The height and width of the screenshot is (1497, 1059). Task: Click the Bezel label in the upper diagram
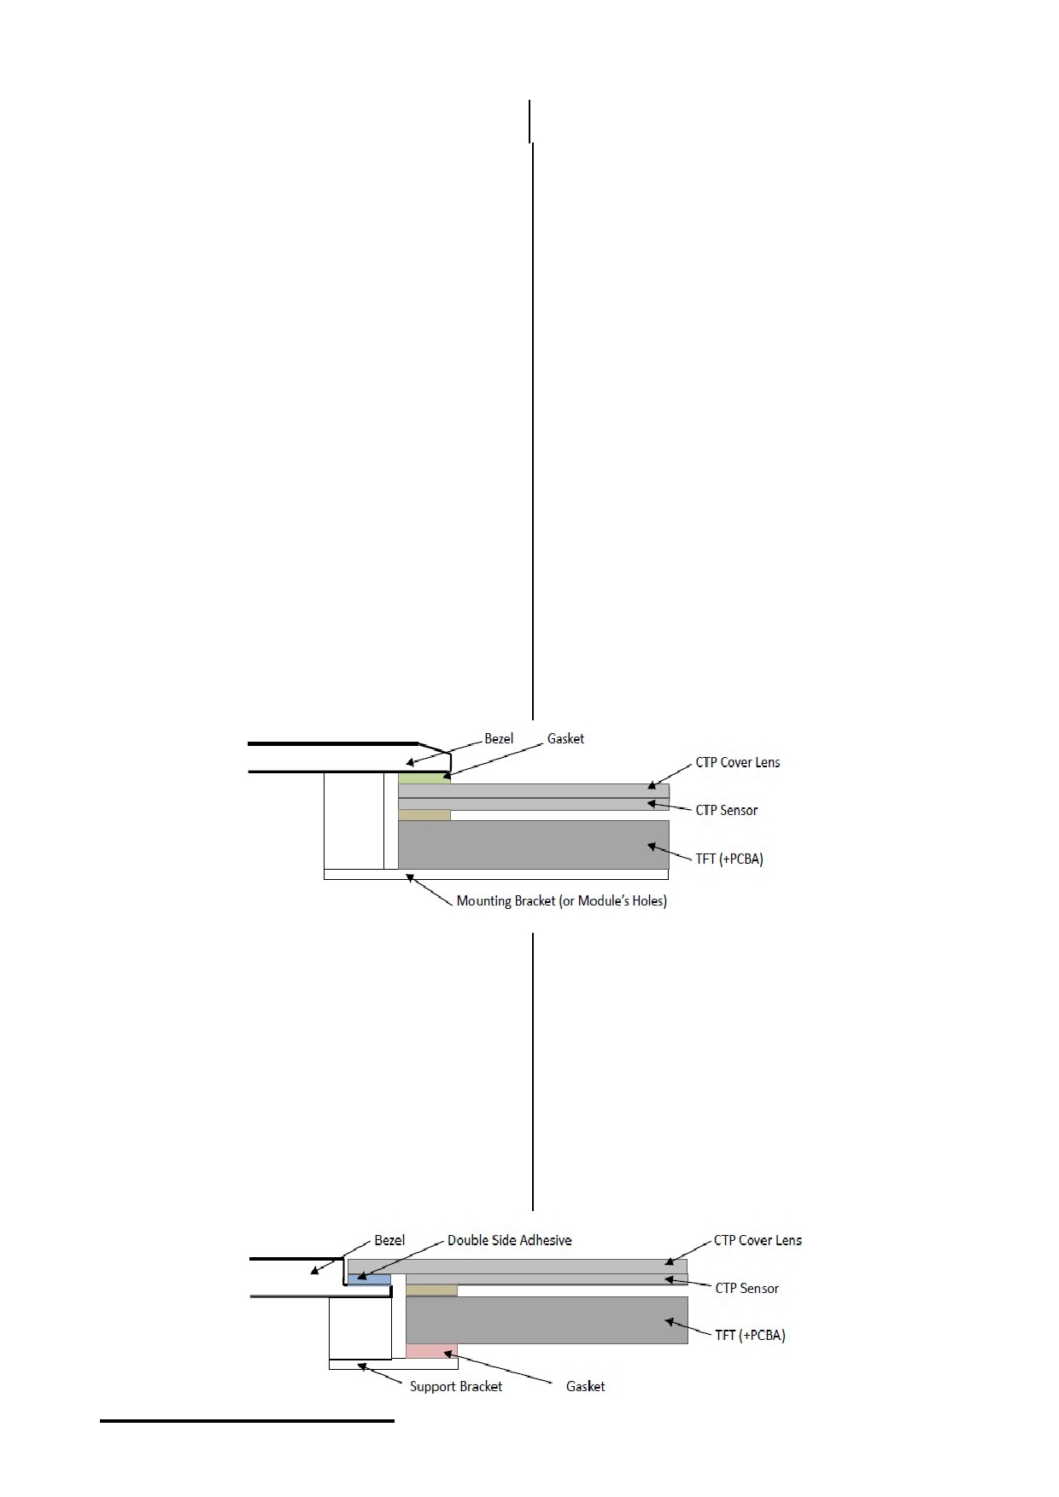tap(499, 738)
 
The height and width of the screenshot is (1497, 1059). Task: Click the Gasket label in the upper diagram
tap(565, 738)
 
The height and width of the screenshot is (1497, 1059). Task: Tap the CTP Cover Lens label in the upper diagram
tap(738, 762)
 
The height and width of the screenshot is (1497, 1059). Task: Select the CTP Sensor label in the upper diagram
tap(727, 810)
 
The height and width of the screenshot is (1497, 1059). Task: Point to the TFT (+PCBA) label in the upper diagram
tap(729, 858)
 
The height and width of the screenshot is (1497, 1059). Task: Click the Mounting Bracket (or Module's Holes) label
tap(562, 900)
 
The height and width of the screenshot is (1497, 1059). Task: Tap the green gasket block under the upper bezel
tap(424, 778)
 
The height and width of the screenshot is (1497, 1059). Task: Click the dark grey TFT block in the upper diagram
tap(534, 845)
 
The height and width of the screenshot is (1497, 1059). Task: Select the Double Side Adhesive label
tap(510, 1240)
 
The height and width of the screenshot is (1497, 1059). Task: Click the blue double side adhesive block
tap(369, 1279)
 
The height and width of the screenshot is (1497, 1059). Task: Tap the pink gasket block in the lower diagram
tap(431, 1351)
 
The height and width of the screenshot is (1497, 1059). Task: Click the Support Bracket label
tap(456, 1386)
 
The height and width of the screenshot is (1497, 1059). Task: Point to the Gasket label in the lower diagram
tap(585, 1386)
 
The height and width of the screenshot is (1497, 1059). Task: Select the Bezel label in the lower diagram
tap(389, 1240)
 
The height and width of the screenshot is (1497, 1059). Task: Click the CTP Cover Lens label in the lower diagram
tap(758, 1240)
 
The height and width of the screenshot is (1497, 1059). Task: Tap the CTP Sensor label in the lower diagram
tap(747, 1288)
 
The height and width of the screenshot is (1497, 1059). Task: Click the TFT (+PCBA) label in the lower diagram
tap(750, 1335)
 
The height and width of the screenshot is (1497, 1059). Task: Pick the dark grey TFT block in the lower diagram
tap(547, 1320)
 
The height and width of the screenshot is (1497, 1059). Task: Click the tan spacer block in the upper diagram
tap(424, 815)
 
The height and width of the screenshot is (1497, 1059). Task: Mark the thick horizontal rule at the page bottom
tap(247, 1421)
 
